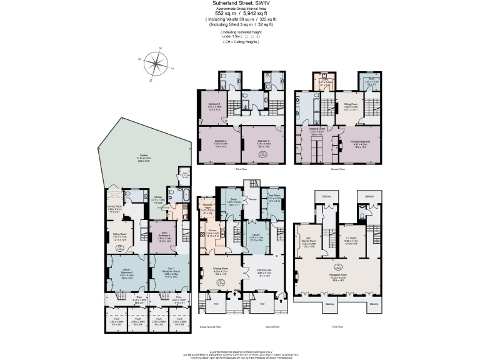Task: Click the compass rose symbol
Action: point(156,64)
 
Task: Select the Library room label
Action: point(256,237)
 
